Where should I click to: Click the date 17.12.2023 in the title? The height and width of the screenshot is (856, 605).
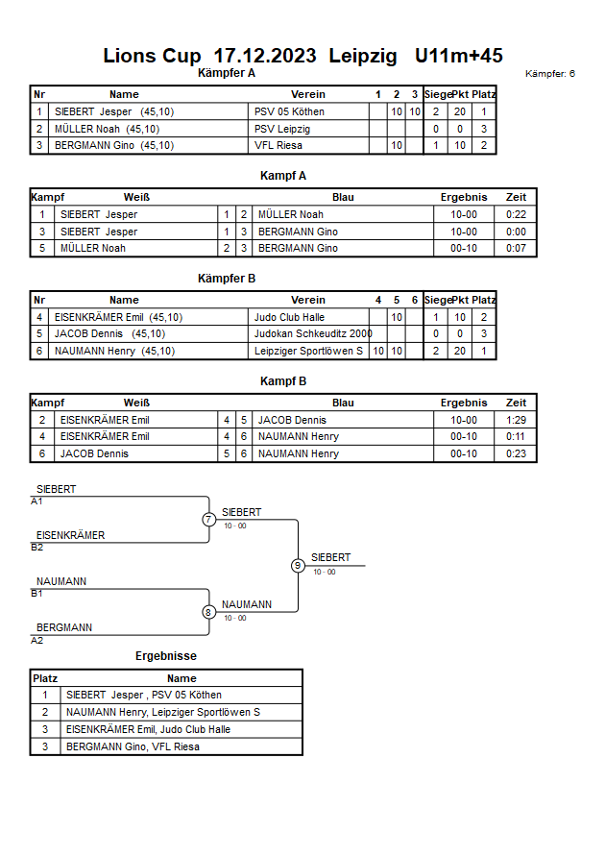click(265, 56)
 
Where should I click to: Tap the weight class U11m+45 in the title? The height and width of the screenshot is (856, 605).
click(458, 56)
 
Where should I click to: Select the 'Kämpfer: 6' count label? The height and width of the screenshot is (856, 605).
click(550, 74)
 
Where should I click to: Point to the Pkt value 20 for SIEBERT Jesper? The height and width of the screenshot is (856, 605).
click(460, 111)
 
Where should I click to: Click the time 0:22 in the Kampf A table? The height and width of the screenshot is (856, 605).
click(516, 214)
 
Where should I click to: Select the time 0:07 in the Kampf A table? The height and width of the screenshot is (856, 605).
click(516, 248)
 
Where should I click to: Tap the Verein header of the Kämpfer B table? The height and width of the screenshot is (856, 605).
click(308, 300)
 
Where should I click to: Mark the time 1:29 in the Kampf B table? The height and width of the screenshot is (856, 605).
click(516, 420)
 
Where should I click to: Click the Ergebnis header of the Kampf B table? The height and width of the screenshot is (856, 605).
click(464, 403)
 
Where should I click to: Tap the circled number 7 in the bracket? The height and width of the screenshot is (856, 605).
click(208, 519)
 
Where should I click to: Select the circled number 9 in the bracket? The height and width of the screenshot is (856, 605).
click(298, 566)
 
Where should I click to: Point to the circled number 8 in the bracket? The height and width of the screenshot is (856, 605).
click(207, 612)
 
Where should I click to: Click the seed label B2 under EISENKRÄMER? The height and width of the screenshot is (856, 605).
click(37, 548)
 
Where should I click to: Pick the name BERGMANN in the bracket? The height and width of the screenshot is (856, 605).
click(64, 627)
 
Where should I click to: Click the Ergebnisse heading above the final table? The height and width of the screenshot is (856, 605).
click(166, 656)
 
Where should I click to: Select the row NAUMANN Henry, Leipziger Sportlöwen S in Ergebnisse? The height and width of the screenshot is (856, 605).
click(163, 713)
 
